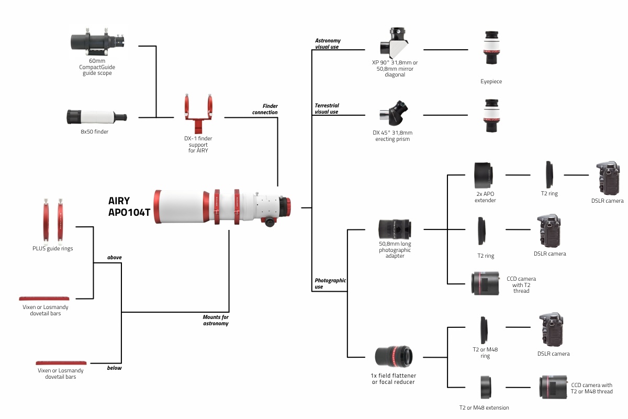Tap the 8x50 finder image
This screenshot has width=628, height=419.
pyautogui.click(x=96, y=116)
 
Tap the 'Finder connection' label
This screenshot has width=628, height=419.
pyautogui.click(x=265, y=109)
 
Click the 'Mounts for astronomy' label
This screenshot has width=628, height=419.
pyautogui.click(x=216, y=320)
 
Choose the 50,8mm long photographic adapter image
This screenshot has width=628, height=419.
pyautogui.click(x=395, y=229)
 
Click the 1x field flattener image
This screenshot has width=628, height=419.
pyautogui.click(x=394, y=356)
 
